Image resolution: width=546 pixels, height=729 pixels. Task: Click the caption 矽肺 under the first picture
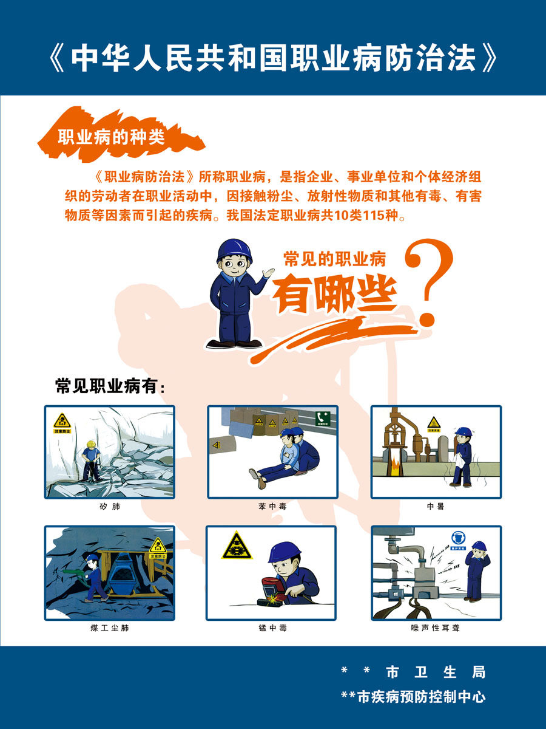[109, 506]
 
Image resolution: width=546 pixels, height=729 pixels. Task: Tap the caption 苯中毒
[272, 506]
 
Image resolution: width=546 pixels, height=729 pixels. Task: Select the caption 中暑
[436, 506]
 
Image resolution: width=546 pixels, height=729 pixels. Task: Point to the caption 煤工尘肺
[109, 628]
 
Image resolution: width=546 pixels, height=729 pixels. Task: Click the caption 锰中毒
[272, 628]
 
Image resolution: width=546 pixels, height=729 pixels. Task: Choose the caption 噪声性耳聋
[436, 628]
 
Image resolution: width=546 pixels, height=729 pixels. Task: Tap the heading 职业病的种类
[111, 137]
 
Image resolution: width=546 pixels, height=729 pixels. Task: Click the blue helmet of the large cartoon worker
[234, 250]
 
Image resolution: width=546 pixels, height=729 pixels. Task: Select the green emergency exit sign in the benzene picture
[322, 418]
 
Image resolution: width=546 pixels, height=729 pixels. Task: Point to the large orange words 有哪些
[334, 293]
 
